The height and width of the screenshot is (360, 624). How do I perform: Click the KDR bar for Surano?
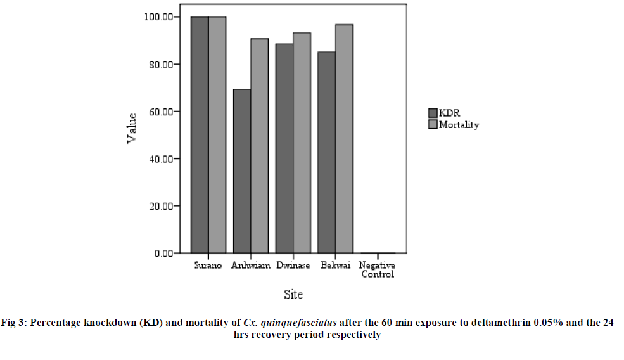coord(200,134)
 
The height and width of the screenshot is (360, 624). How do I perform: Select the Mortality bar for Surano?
coord(217,134)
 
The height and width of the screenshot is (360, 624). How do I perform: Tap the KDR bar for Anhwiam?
coord(242,171)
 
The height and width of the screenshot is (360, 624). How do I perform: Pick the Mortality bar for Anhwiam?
coord(260,146)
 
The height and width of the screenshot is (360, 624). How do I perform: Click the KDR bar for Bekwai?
coord(327,152)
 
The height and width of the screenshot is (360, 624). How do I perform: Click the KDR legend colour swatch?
coord(433,113)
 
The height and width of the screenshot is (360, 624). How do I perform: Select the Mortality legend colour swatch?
coord(433,124)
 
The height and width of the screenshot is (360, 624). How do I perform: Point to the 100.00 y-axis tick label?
coord(158,16)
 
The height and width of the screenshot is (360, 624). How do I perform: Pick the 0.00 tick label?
coord(163,254)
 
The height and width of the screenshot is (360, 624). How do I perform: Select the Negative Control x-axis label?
coord(378,270)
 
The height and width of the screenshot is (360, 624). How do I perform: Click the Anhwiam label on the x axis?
coord(251,266)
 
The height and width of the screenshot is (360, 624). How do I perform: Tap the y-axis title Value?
coord(132,127)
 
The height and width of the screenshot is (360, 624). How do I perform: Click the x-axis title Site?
coord(293,295)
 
